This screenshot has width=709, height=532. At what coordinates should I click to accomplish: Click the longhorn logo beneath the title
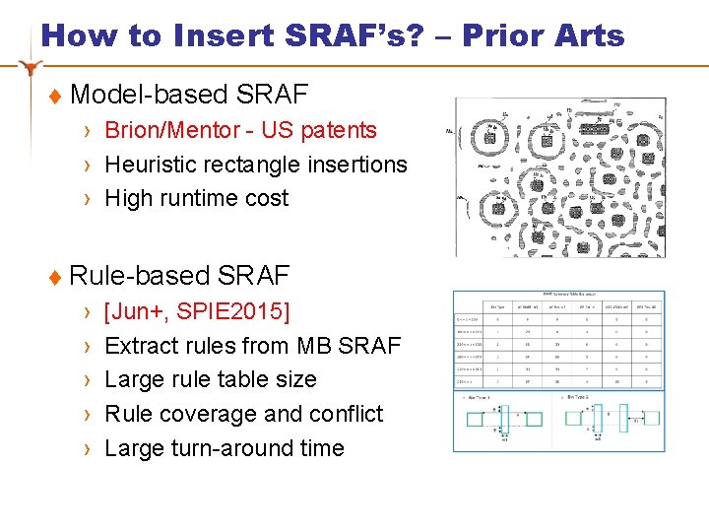(x=32, y=68)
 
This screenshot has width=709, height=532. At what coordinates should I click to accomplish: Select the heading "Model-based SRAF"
(x=189, y=95)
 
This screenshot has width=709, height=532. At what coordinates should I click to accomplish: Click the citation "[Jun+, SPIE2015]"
(x=197, y=312)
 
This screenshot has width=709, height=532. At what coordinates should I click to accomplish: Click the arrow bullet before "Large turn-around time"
(x=88, y=449)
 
